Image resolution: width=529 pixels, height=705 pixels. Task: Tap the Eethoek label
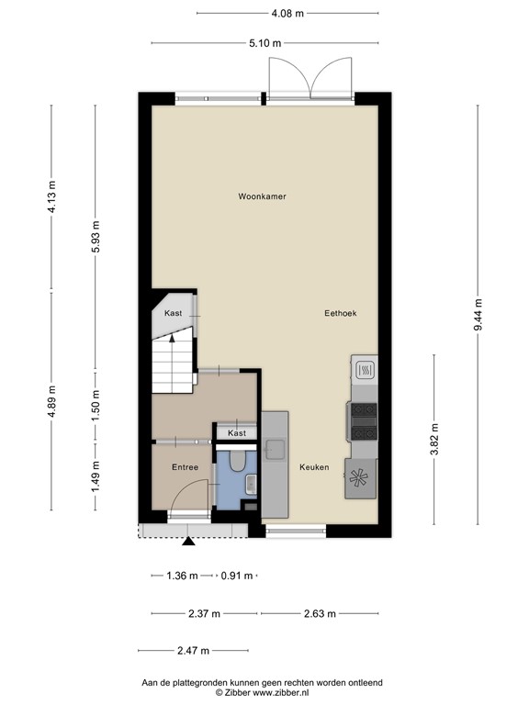pyautogui.click(x=340, y=313)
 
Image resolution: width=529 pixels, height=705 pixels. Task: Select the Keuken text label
pyautogui.click(x=313, y=467)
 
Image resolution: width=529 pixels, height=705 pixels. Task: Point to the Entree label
pyautogui.click(x=185, y=467)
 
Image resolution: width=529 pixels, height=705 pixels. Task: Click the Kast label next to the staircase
pyautogui.click(x=173, y=313)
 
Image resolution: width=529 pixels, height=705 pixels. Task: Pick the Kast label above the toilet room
pyautogui.click(x=237, y=432)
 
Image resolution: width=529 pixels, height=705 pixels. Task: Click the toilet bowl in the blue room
pyautogui.click(x=238, y=462)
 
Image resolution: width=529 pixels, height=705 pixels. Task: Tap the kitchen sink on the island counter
pyautogui.click(x=274, y=448)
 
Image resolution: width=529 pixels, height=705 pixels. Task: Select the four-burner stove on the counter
pyautogui.click(x=363, y=421)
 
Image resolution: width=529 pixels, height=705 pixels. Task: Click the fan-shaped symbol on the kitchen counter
pyautogui.click(x=360, y=477)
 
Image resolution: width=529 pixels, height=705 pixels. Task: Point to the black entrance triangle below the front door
pyautogui.click(x=189, y=542)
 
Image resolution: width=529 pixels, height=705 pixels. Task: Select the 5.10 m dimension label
pyautogui.click(x=264, y=42)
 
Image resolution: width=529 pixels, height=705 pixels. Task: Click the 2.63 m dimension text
pyautogui.click(x=319, y=614)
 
